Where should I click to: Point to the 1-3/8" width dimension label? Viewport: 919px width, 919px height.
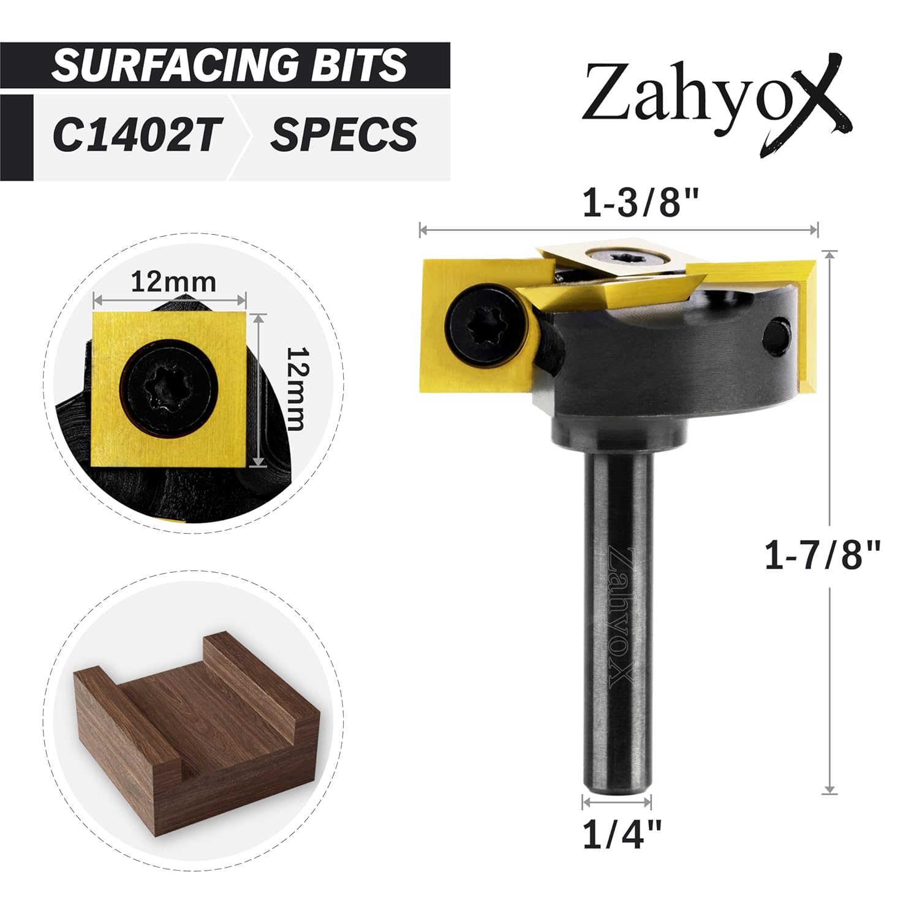point(640,202)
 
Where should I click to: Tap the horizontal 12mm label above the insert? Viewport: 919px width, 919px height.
point(173,282)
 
